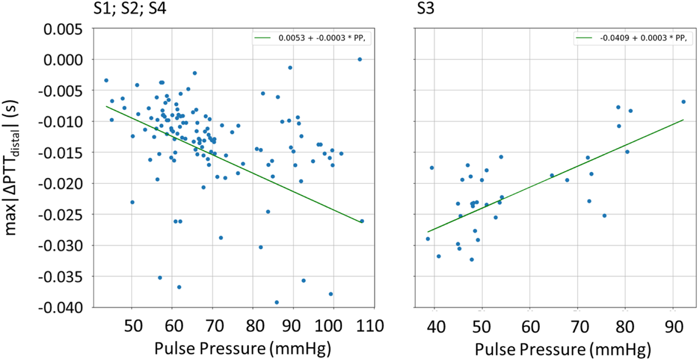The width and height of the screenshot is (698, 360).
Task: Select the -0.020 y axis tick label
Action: point(61,184)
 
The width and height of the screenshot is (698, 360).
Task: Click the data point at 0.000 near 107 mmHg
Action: point(359,59)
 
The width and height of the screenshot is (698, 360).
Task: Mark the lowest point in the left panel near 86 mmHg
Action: point(276,302)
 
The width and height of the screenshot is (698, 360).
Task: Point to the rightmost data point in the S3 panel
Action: point(683,102)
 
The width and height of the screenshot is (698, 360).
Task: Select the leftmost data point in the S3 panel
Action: point(428,239)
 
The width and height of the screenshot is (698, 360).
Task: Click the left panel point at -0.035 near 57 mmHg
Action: point(160,278)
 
